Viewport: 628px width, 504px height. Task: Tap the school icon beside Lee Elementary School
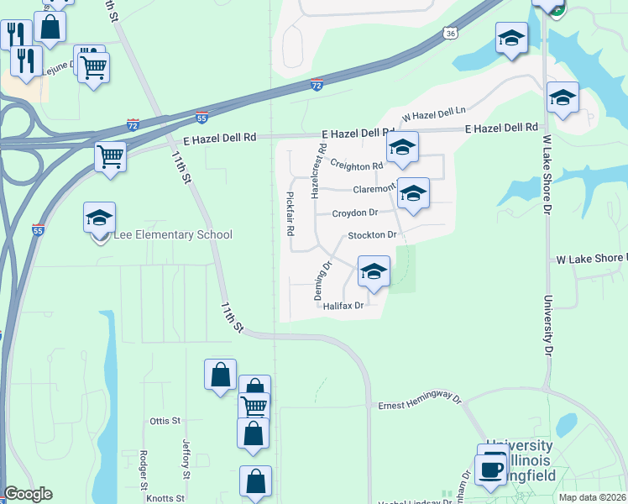(x=99, y=218)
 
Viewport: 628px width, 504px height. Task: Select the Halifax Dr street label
(x=344, y=307)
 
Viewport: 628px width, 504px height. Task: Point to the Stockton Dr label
(x=371, y=235)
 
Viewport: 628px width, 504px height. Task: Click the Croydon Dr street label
(x=356, y=213)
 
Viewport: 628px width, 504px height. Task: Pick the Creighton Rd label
(x=357, y=165)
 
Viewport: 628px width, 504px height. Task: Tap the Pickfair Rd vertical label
(x=290, y=213)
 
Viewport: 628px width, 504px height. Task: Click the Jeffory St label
(x=186, y=454)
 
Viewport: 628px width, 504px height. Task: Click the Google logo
(x=28, y=494)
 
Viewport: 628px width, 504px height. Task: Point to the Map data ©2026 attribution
(x=593, y=497)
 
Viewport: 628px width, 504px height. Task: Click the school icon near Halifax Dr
(x=374, y=271)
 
